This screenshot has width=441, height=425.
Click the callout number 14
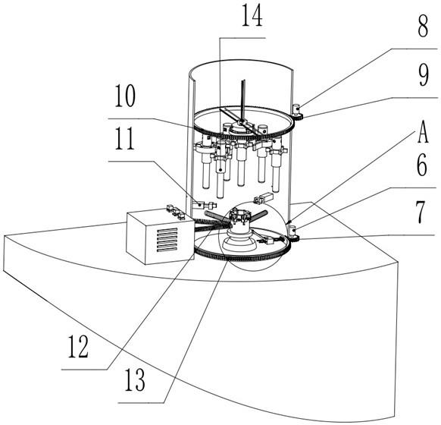252,16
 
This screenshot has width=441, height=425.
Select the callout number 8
423,26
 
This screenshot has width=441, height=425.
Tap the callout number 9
424,75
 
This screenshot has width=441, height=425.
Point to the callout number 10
125,96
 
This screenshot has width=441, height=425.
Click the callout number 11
125,139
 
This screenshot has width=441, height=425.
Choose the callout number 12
79,347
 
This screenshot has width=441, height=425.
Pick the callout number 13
135,379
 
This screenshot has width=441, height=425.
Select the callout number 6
422,165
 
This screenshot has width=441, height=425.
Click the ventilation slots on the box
167,240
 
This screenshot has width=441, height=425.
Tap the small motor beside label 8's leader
297,109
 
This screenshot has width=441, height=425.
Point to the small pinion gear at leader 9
298,116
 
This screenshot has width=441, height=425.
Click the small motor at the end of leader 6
293,231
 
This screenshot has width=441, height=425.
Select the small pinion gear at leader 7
294,239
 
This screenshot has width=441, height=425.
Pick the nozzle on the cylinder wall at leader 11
204,205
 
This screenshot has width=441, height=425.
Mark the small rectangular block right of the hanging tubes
263,198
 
